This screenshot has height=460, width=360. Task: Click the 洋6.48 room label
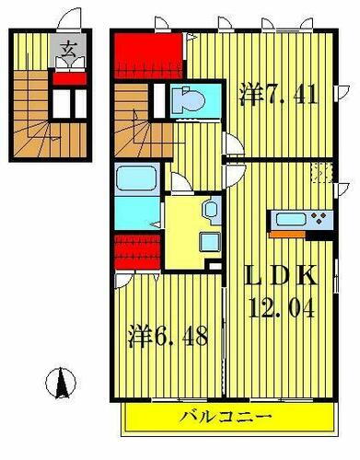pos(168,336)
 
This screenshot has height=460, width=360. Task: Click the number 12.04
pos(281,308)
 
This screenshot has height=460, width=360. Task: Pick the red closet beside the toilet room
pos(148,56)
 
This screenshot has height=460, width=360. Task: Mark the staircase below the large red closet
pos(139,129)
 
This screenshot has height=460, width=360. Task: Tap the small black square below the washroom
pos(215,268)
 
